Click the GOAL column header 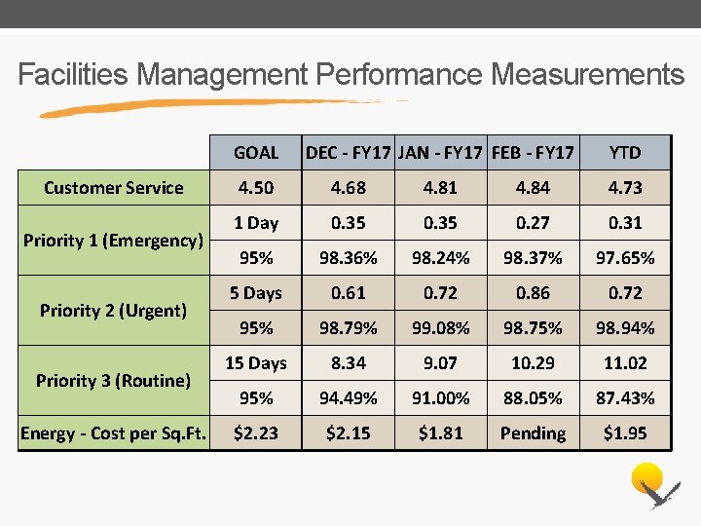click(x=256, y=152)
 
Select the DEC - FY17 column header click(x=348, y=152)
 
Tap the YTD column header click(x=625, y=152)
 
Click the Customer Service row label click(x=114, y=188)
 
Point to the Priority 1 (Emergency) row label click(x=114, y=240)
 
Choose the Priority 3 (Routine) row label click(x=114, y=380)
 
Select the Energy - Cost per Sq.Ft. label click(x=114, y=433)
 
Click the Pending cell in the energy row click(x=533, y=433)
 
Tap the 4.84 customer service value click(x=533, y=188)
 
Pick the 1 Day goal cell click(x=256, y=223)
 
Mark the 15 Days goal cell click(x=256, y=363)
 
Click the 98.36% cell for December click(x=348, y=258)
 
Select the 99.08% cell click(x=440, y=328)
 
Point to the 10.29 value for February click(x=533, y=363)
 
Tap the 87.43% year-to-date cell click(x=625, y=398)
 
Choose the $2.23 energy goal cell click(x=256, y=433)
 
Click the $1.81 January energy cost click(x=440, y=433)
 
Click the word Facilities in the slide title click(x=74, y=75)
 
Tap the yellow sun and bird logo click(x=650, y=485)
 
